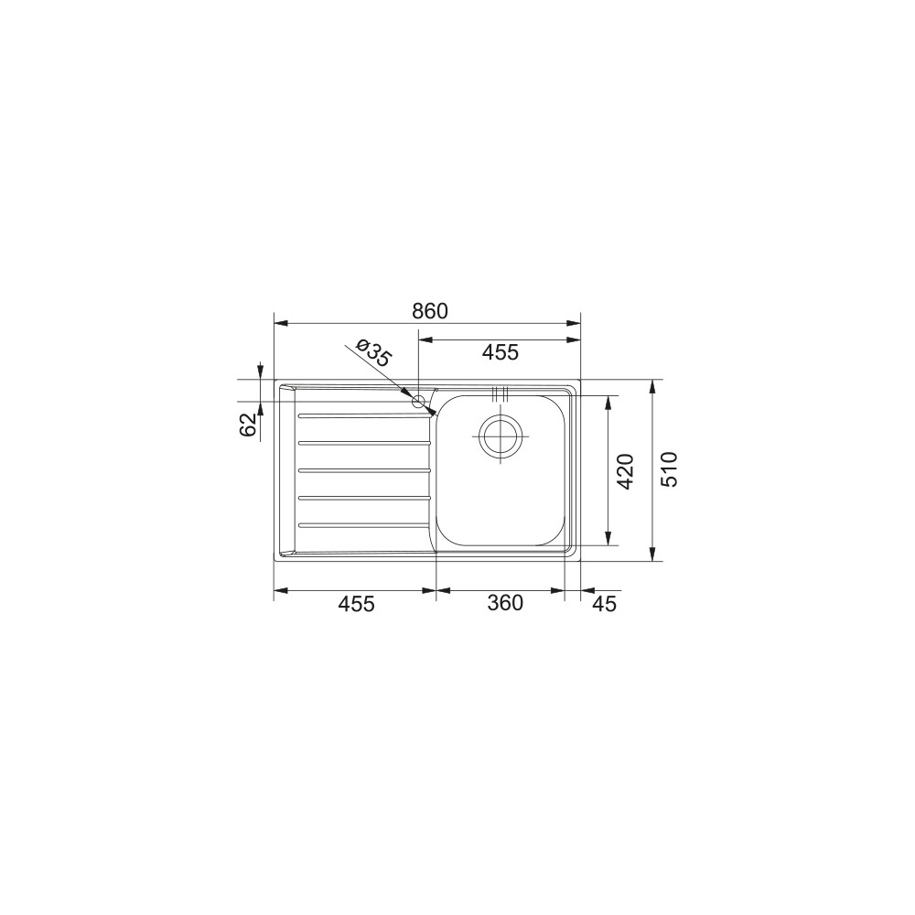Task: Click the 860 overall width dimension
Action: click(x=430, y=311)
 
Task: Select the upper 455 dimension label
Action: click(x=501, y=352)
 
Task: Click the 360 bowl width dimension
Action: click(x=505, y=603)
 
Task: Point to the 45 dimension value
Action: click(x=604, y=604)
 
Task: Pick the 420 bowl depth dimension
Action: click(x=625, y=471)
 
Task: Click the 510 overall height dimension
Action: click(x=670, y=469)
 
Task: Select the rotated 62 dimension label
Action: click(x=248, y=425)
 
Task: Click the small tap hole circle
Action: click(x=418, y=402)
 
